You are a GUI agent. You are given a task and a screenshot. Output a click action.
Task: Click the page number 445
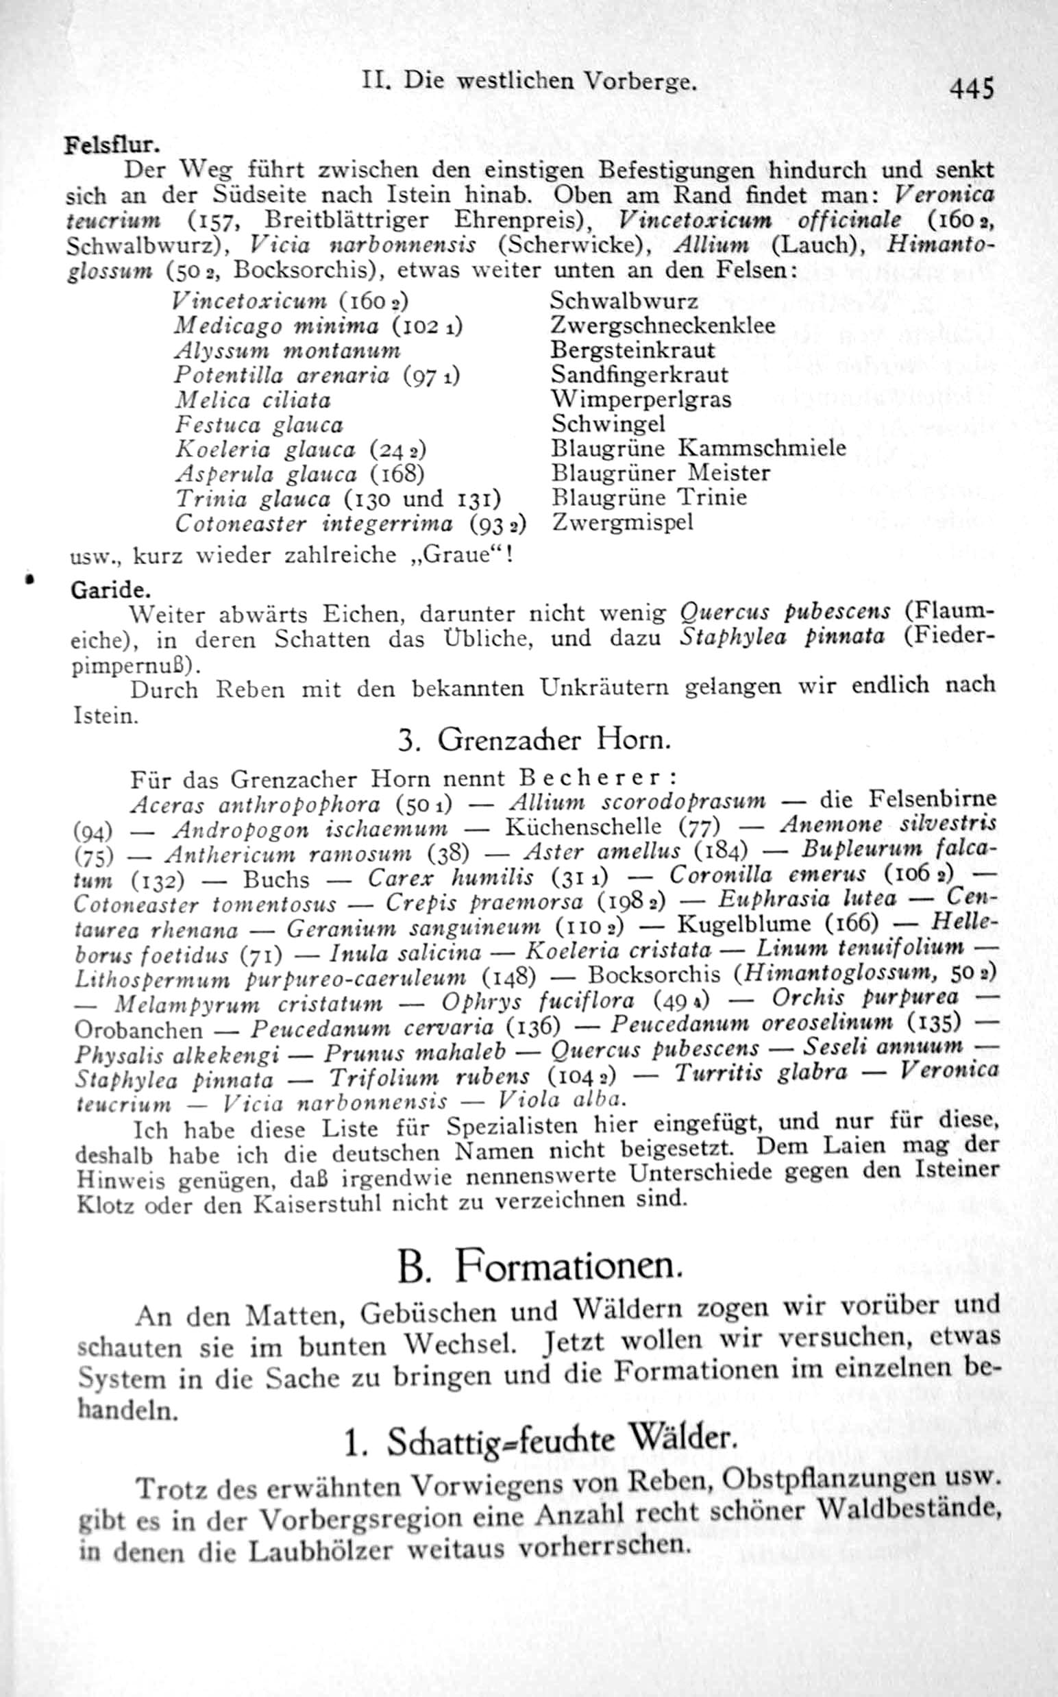pos(970,90)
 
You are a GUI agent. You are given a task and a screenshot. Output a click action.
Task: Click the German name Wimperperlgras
pos(641,400)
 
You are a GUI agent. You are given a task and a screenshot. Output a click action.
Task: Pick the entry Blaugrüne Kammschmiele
pos(698,448)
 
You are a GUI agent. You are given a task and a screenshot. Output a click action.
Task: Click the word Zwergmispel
pos(622,522)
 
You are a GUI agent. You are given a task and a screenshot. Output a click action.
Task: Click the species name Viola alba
pos(559,1100)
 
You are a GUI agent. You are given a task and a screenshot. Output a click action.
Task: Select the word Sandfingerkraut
pos(639,375)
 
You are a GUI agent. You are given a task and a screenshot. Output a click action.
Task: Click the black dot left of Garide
pos(30,580)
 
